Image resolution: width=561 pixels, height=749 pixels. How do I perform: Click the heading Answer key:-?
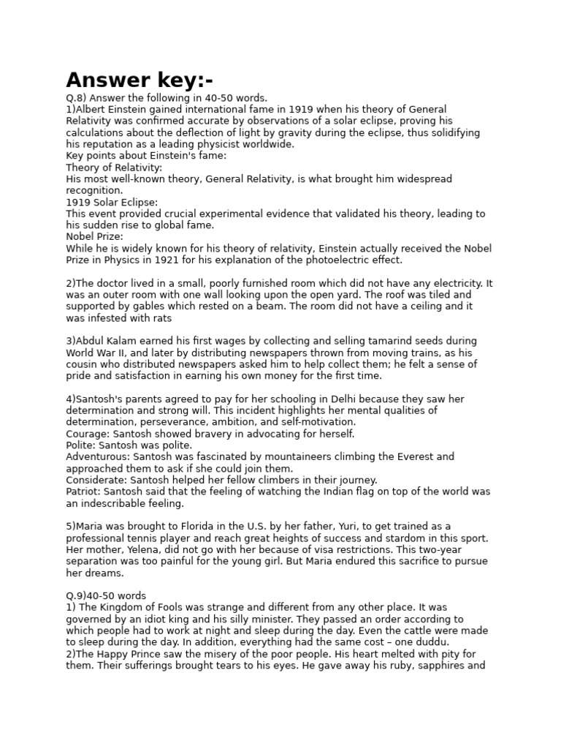point(140,79)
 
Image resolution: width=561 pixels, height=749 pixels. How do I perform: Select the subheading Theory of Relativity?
point(114,168)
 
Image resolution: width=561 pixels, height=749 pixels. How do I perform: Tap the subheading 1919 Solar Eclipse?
point(112,202)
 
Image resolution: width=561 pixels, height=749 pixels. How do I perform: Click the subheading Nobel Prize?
point(94,237)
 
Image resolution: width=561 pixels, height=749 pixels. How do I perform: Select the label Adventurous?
point(97,457)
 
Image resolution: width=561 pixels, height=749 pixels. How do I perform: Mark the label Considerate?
point(96,481)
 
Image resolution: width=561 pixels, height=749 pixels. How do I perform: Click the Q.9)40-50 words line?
point(106,596)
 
